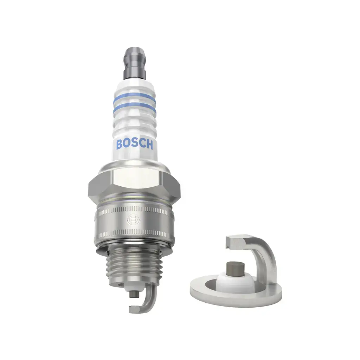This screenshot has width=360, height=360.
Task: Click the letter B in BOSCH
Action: (x=119, y=144)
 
